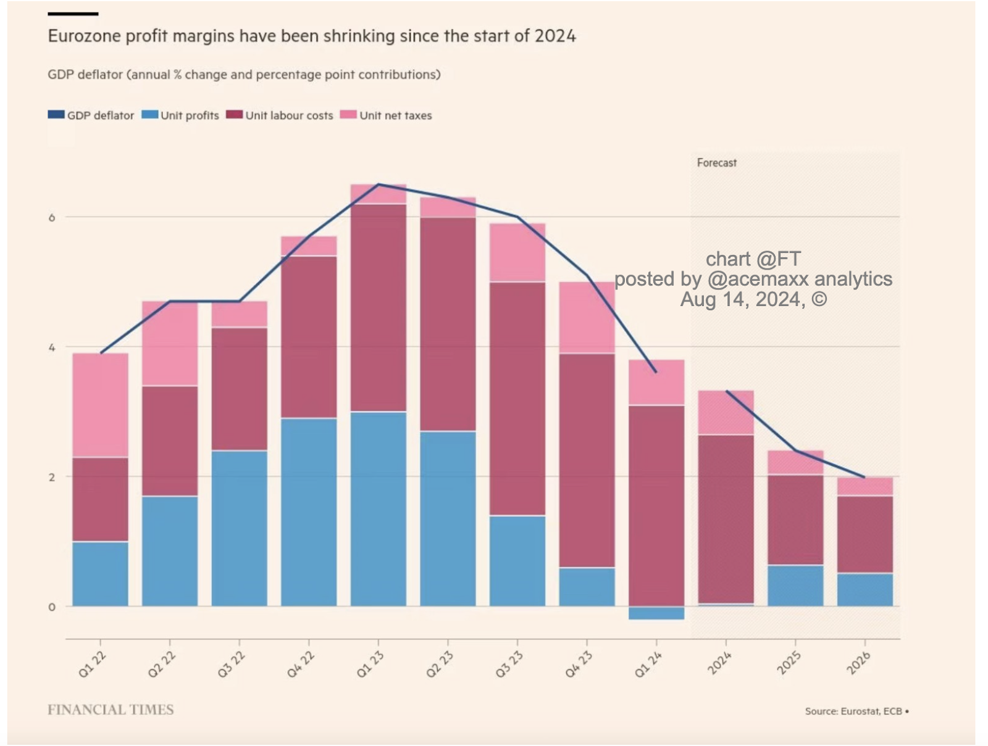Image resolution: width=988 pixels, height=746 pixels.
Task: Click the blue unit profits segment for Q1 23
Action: tap(378, 508)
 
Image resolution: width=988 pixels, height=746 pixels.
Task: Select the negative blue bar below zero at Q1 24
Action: tap(656, 613)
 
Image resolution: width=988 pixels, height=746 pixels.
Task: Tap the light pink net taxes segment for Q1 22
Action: tap(100, 405)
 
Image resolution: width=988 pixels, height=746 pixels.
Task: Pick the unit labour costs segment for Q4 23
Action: tap(587, 460)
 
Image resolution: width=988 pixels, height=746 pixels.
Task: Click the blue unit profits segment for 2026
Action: tap(865, 590)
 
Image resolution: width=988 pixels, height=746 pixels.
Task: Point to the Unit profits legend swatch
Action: tap(150, 115)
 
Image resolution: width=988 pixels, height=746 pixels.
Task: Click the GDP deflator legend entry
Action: tap(91, 115)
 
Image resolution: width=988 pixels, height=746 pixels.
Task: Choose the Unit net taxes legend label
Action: tap(395, 115)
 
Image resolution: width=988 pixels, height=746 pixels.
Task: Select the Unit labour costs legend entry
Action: tap(288, 115)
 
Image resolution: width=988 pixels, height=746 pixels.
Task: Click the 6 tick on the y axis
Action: tap(52, 217)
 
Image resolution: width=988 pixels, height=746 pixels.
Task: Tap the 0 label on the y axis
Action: tap(52, 607)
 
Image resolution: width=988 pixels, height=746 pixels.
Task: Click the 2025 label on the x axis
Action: tap(789, 663)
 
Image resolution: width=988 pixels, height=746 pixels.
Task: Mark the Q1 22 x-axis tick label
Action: tap(92, 665)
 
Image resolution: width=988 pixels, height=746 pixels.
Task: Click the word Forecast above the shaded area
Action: tap(716, 163)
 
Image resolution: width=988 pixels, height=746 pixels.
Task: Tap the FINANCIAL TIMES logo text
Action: tap(111, 710)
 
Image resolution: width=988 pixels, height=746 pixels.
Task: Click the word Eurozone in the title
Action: tap(85, 36)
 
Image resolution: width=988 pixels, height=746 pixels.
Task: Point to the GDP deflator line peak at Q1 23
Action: tap(379, 184)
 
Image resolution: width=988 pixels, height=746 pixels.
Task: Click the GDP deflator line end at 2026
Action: tap(865, 477)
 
